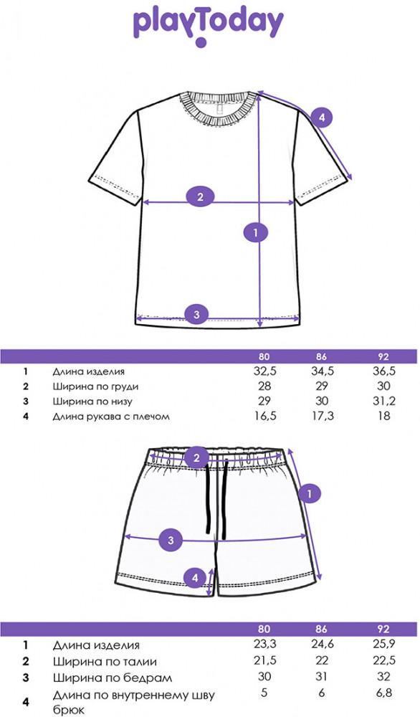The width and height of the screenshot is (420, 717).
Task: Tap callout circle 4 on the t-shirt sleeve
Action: point(323,118)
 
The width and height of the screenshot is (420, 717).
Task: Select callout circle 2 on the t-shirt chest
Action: point(200,197)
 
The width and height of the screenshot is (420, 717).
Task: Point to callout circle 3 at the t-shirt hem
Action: point(196,314)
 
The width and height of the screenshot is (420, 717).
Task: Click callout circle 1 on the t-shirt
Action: point(255,232)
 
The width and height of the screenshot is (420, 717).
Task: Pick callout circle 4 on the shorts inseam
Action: point(195,578)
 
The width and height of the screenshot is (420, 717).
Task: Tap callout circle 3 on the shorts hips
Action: point(171,540)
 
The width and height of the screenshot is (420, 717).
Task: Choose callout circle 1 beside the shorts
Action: point(310,494)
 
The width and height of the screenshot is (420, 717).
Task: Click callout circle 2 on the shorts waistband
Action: point(197,457)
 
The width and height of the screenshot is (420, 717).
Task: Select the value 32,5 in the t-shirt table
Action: point(264,371)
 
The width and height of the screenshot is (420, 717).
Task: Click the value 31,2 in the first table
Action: point(384,401)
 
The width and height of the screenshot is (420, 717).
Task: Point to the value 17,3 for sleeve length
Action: point(322,416)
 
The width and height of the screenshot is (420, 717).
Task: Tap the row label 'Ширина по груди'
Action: point(95,386)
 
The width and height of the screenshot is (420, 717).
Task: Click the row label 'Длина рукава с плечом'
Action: point(111,417)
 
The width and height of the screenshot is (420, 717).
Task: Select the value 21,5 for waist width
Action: point(264,660)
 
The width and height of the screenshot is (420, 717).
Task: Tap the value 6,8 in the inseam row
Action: point(384,693)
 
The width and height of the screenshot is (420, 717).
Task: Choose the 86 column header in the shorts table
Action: point(322,630)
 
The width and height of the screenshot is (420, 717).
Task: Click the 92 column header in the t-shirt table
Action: point(384,356)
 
